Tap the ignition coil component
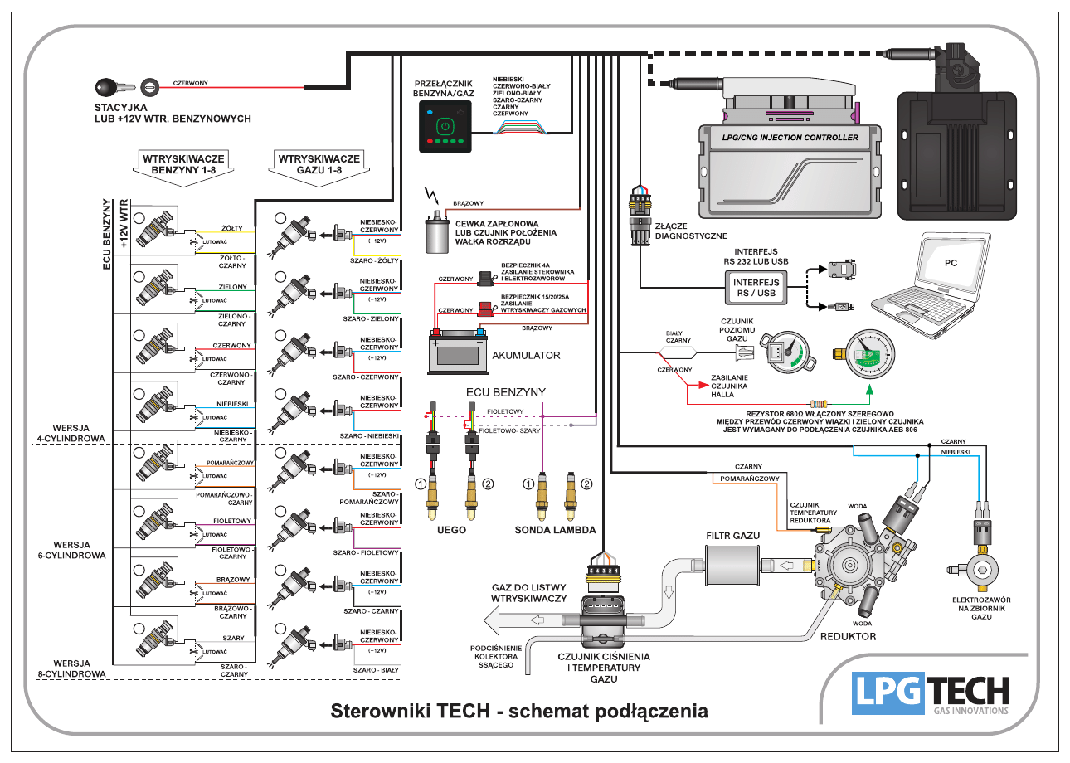434,235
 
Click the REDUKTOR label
848,637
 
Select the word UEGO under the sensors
452,529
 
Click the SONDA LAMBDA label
555,529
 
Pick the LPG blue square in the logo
888,692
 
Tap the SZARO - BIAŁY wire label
377,669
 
